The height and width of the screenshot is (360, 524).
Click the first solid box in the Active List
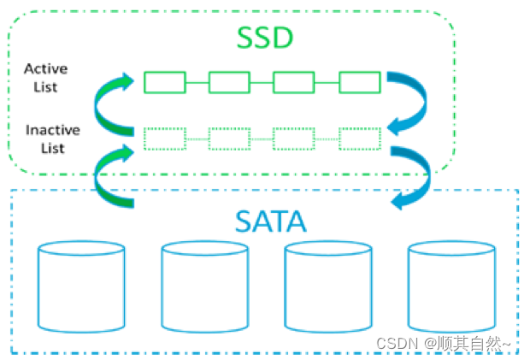click(164, 82)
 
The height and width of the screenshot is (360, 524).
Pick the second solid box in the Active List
click(229, 82)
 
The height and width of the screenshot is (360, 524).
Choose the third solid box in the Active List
click(294, 82)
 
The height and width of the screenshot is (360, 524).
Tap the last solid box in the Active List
click(359, 82)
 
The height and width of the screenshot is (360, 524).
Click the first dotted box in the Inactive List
click(164, 137)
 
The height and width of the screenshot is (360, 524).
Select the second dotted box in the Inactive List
click(229, 137)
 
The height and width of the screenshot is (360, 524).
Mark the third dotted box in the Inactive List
click(294, 137)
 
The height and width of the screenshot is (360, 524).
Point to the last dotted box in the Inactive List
click(359, 137)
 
